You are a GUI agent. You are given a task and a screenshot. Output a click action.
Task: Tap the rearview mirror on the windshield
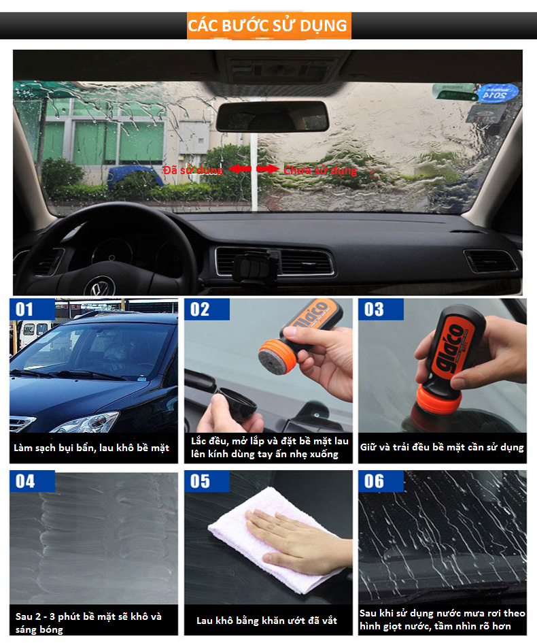pos(273,116)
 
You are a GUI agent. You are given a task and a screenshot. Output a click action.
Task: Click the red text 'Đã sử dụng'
pos(193,170)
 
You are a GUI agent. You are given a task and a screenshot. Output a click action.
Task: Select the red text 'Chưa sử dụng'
pos(320,170)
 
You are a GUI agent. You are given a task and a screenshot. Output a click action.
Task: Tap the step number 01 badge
pos(32,309)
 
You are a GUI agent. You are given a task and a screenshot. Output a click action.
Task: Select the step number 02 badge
pos(207,309)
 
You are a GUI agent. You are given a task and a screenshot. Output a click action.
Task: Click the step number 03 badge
pos(381,309)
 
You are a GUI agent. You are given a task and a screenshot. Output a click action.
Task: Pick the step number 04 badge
pos(32,481)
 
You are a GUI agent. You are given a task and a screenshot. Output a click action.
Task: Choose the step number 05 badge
pos(207,481)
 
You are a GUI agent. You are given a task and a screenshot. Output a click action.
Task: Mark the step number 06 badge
pos(381,481)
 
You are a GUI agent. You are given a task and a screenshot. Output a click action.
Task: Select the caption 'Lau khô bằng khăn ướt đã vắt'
pos(266,621)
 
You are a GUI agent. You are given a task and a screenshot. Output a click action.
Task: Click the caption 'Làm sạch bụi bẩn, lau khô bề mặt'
pos(91,448)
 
